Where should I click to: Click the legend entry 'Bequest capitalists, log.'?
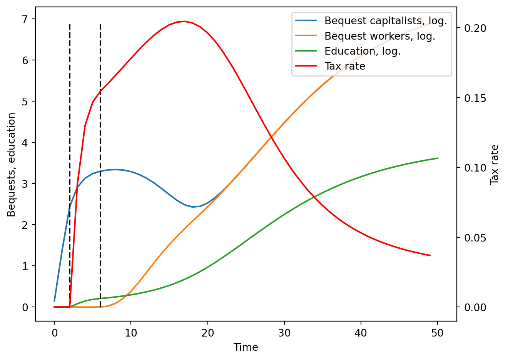click(x=385, y=21)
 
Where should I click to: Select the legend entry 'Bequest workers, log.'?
click(x=379, y=36)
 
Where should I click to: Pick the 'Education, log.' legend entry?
click(x=362, y=51)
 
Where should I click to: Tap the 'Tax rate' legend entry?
click(x=344, y=66)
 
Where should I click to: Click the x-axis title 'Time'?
click(x=246, y=347)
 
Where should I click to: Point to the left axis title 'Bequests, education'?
click(x=12, y=164)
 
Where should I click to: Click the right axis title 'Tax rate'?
click(x=495, y=164)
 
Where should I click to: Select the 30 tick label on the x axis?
click(x=284, y=333)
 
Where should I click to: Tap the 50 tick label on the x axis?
click(x=438, y=333)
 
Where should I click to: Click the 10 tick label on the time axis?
click(x=131, y=333)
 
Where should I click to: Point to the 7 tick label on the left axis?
click(x=25, y=19)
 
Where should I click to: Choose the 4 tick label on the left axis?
click(x=25, y=143)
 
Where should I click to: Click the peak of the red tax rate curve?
click(x=185, y=21)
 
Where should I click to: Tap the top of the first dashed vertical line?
click(x=70, y=24)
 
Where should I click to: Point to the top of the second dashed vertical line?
click(x=100, y=24)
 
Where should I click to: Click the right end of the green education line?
click(x=438, y=158)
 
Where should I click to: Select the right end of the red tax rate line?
click(x=430, y=255)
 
